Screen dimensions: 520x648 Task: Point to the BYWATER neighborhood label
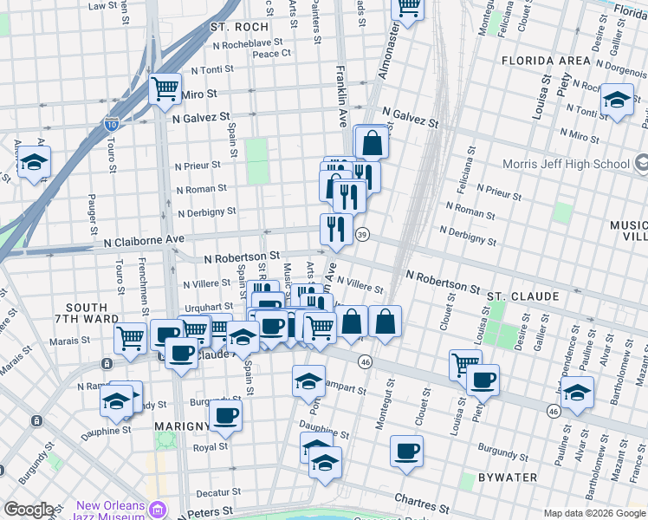pyautogui.click(x=511, y=478)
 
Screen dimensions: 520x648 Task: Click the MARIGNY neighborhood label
pyautogui.click(x=181, y=426)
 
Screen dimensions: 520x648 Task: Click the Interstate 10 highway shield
pyautogui.click(x=112, y=125)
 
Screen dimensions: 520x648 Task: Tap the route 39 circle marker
pyautogui.click(x=363, y=235)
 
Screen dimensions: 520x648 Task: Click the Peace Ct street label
pyautogui.click(x=271, y=54)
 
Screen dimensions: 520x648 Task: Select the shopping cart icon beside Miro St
pyautogui.click(x=164, y=88)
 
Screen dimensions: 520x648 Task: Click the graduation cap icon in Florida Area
pyautogui.click(x=617, y=99)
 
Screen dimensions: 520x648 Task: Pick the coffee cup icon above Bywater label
pyautogui.click(x=406, y=450)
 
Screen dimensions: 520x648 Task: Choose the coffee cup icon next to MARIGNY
pyautogui.click(x=226, y=416)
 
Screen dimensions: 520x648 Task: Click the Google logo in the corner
pyautogui.click(x=29, y=510)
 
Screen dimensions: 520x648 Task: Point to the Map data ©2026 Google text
pyautogui.click(x=593, y=513)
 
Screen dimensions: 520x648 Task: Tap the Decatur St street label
pyautogui.click(x=216, y=491)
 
